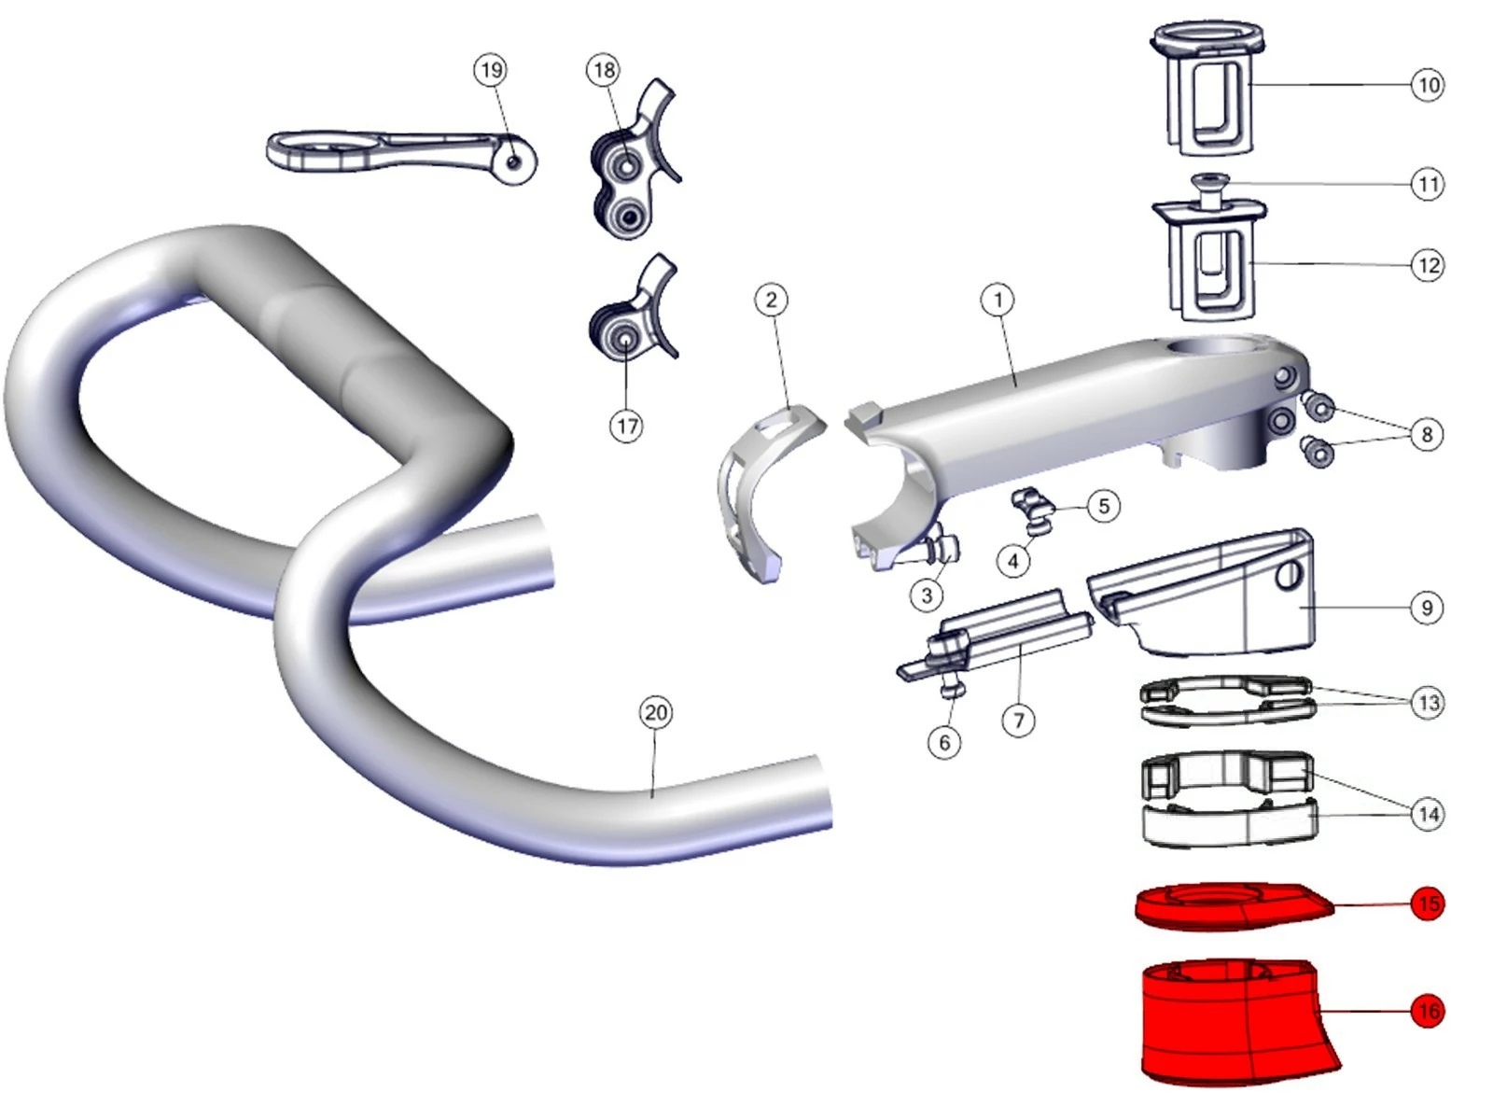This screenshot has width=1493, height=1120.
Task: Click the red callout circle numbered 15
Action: pos(1428,903)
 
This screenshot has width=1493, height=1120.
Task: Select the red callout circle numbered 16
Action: pos(1428,1011)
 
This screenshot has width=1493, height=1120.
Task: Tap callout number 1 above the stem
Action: pos(998,300)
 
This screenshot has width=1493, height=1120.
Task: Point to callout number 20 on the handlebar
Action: pos(656,713)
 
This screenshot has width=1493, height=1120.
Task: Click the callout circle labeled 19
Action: pos(491,70)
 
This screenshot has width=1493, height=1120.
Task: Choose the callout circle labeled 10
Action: pos(1428,85)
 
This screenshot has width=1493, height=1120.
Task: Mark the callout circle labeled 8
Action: pos(1427,434)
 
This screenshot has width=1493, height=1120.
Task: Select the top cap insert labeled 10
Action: pos(1208,89)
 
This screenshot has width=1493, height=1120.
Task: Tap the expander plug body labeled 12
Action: pos(1209,262)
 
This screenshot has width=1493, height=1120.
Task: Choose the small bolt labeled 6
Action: pos(953,691)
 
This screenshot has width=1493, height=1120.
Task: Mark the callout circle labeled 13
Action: pos(1428,703)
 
